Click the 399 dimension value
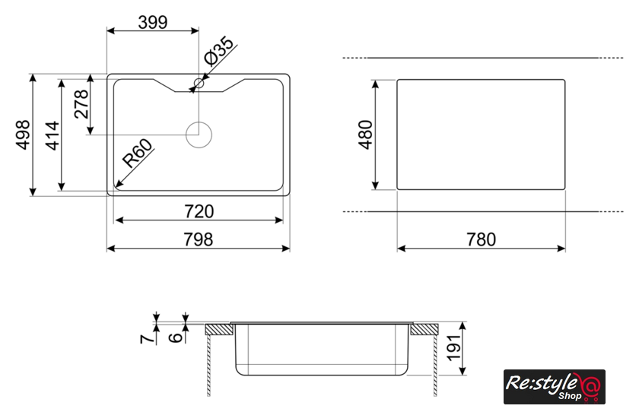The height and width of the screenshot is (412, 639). click(x=153, y=22)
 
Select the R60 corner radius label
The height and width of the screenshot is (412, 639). click(x=138, y=153)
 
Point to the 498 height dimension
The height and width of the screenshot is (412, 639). click(x=23, y=135)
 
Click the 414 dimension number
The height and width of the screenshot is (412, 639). click(x=52, y=135)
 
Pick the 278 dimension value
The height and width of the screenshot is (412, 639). click(x=81, y=104)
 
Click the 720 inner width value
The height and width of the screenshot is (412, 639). click(x=199, y=211)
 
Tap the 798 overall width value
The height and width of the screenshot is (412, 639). click(x=199, y=239)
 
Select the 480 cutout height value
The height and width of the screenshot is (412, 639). click(x=366, y=135)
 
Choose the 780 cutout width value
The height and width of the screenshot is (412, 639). click(x=482, y=239)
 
